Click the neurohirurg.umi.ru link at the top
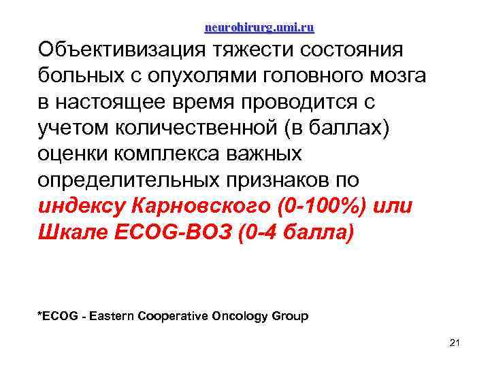point(259,28)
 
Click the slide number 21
point(455,343)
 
